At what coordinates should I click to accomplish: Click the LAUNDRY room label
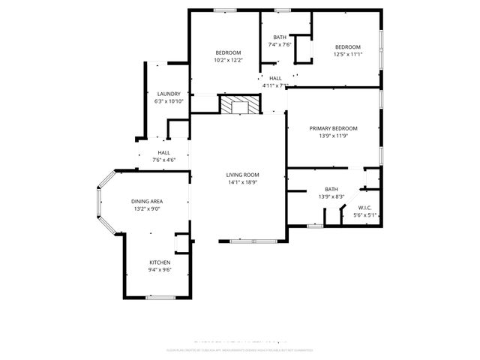(x=168, y=94)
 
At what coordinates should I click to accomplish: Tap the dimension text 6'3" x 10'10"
(x=168, y=101)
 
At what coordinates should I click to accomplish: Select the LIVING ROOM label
(x=242, y=175)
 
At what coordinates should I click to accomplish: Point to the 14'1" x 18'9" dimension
(x=242, y=182)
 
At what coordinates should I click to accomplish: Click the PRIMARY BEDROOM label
(x=334, y=128)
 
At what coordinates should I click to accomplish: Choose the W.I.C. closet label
(x=365, y=208)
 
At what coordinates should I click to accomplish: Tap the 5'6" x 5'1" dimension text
(x=365, y=215)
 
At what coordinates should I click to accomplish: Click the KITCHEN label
(x=159, y=262)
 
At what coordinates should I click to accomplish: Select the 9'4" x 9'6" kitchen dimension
(x=159, y=269)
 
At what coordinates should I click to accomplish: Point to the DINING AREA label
(x=148, y=201)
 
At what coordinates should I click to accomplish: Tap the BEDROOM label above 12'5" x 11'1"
(x=347, y=46)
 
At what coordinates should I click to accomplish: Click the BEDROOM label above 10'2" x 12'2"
(x=228, y=52)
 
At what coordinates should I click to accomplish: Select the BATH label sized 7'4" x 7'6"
(x=280, y=37)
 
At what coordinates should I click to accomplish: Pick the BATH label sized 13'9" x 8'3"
(x=331, y=189)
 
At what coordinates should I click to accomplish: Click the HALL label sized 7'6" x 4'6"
(x=163, y=152)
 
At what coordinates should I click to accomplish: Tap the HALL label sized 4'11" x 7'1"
(x=275, y=78)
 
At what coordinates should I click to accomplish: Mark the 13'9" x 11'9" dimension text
(x=334, y=136)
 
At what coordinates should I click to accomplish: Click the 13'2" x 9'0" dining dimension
(x=148, y=208)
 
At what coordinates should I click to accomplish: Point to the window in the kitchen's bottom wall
(x=160, y=298)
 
